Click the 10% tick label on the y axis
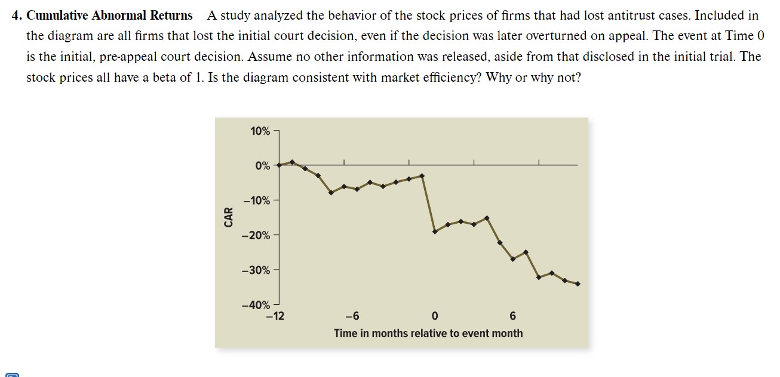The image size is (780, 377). [260, 131]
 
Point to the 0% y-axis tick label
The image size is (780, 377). [262, 166]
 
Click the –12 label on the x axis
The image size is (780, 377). [275, 316]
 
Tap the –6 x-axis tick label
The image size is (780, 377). [352, 316]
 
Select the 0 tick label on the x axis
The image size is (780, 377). [434, 316]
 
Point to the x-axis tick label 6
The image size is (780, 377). [512, 316]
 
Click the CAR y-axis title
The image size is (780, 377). [228, 216]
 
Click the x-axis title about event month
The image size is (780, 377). [428, 333]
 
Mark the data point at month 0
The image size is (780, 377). [435, 231]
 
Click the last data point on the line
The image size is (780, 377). [578, 284]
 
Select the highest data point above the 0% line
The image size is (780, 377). [292, 162]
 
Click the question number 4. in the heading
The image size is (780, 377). [17, 16]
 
